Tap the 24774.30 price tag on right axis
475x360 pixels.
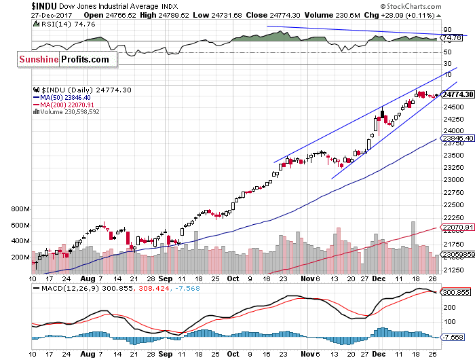(x=457, y=94)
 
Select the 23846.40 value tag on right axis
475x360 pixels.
(x=457, y=137)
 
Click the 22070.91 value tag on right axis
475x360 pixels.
(x=457, y=227)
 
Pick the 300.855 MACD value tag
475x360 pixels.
(x=456, y=292)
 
